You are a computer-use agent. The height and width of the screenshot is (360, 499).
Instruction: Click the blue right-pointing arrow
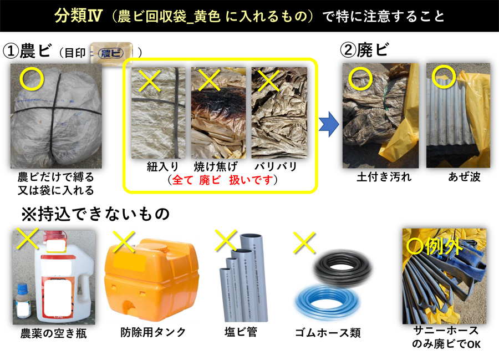329,124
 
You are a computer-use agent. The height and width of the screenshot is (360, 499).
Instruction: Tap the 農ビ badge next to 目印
111,53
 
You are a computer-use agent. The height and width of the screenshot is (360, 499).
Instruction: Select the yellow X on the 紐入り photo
150,80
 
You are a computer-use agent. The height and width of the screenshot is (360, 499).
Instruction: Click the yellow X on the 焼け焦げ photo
210,80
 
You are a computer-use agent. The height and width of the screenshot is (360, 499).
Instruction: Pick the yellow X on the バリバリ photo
269,80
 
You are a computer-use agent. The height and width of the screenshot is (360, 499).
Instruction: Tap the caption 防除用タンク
153,332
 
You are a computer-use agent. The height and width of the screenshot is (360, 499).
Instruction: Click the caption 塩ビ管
241,332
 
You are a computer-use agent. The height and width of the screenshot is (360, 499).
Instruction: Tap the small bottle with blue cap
23,301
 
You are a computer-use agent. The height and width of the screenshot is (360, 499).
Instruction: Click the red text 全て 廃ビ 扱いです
223,180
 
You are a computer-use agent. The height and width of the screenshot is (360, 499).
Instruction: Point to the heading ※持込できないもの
95,214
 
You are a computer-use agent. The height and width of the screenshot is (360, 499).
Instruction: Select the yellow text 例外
444,246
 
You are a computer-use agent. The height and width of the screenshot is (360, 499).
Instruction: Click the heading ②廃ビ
364,50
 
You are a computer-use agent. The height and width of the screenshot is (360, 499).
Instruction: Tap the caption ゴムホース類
328,333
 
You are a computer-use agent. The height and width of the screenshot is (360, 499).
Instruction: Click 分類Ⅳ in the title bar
78,16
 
